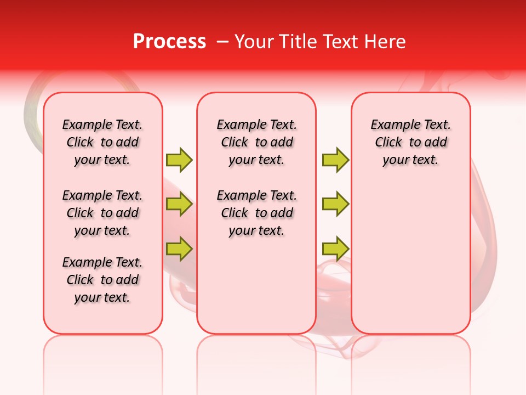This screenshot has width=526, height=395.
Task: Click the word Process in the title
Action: pyautogui.click(x=169, y=42)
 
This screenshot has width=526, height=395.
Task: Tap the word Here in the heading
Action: pyautogui.click(x=384, y=42)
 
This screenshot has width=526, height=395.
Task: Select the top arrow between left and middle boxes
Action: pyautogui.click(x=179, y=160)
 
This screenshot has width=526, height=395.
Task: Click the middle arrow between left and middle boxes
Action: pyautogui.click(x=179, y=204)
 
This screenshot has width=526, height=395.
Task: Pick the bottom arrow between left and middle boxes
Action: pyautogui.click(x=179, y=249)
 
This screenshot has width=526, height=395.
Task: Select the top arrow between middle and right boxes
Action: pyautogui.click(x=335, y=160)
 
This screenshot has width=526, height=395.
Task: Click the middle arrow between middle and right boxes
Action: pyautogui.click(x=335, y=204)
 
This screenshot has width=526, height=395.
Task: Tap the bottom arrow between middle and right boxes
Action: pyautogui.click(x=335, y=249)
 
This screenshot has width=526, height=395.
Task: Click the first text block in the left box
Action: pyautogui.click(x=102, y=142)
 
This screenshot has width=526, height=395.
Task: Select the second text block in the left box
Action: pyautogui.click(x=102, y=213)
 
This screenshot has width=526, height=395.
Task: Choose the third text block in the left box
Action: pyautogui.click(x=102, y=280)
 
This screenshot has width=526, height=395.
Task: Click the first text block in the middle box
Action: pyautogui.click(x=256, y=142)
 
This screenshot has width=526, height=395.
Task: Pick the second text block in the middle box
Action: pyautogui.click(x=256, y=213)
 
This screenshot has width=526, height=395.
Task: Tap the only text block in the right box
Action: pyautogui.click(x=411, y=142)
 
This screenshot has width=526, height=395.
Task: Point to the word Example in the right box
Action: pyautogui.click(x=393, y=125)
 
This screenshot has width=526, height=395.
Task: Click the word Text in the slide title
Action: pyautogui.click(x=340, y=42)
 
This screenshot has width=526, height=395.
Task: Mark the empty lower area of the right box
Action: pyautogui.click(x=411, y=258)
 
